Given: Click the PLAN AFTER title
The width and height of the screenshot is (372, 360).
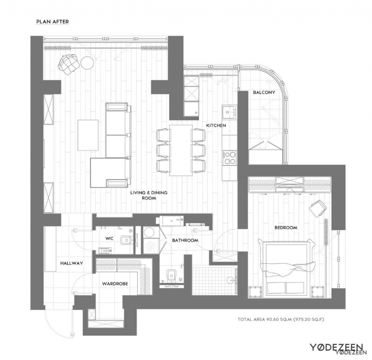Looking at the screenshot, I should (x=53, y=21).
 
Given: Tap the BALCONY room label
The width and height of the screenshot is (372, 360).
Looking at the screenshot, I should (x=264, y=92).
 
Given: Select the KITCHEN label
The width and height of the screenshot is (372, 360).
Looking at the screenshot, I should (x=216, y=125).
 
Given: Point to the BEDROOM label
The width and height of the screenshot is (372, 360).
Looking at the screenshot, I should (x=286, y=228).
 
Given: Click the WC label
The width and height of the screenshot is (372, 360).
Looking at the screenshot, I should (x=109, y=238).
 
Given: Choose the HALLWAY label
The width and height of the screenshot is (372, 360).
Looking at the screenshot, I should (x=72, y=263).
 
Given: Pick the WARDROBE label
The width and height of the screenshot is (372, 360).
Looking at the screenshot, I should (x=115, y=283).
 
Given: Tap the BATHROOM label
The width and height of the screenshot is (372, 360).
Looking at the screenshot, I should (x=185, y=240).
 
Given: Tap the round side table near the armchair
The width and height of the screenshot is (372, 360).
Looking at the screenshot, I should (x=87, y=62).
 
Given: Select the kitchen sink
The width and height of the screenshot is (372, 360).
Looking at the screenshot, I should (x=228, y=111).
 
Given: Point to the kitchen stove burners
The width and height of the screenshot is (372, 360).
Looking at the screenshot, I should (x=229, y=159).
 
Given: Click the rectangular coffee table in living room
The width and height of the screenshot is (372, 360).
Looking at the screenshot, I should (x=88, y=135).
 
